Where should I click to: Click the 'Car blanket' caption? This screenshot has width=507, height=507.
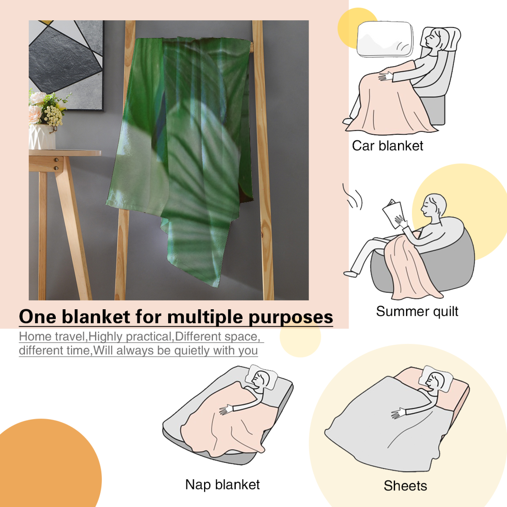[x=388, y=146]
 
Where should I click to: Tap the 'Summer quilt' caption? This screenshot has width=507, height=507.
[x=417, y=311]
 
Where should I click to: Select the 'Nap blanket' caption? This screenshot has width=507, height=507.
[x=222, y=485]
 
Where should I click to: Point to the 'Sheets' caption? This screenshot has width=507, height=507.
[x=405, y=485]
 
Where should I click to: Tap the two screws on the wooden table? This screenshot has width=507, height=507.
[x=56, y=164]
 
